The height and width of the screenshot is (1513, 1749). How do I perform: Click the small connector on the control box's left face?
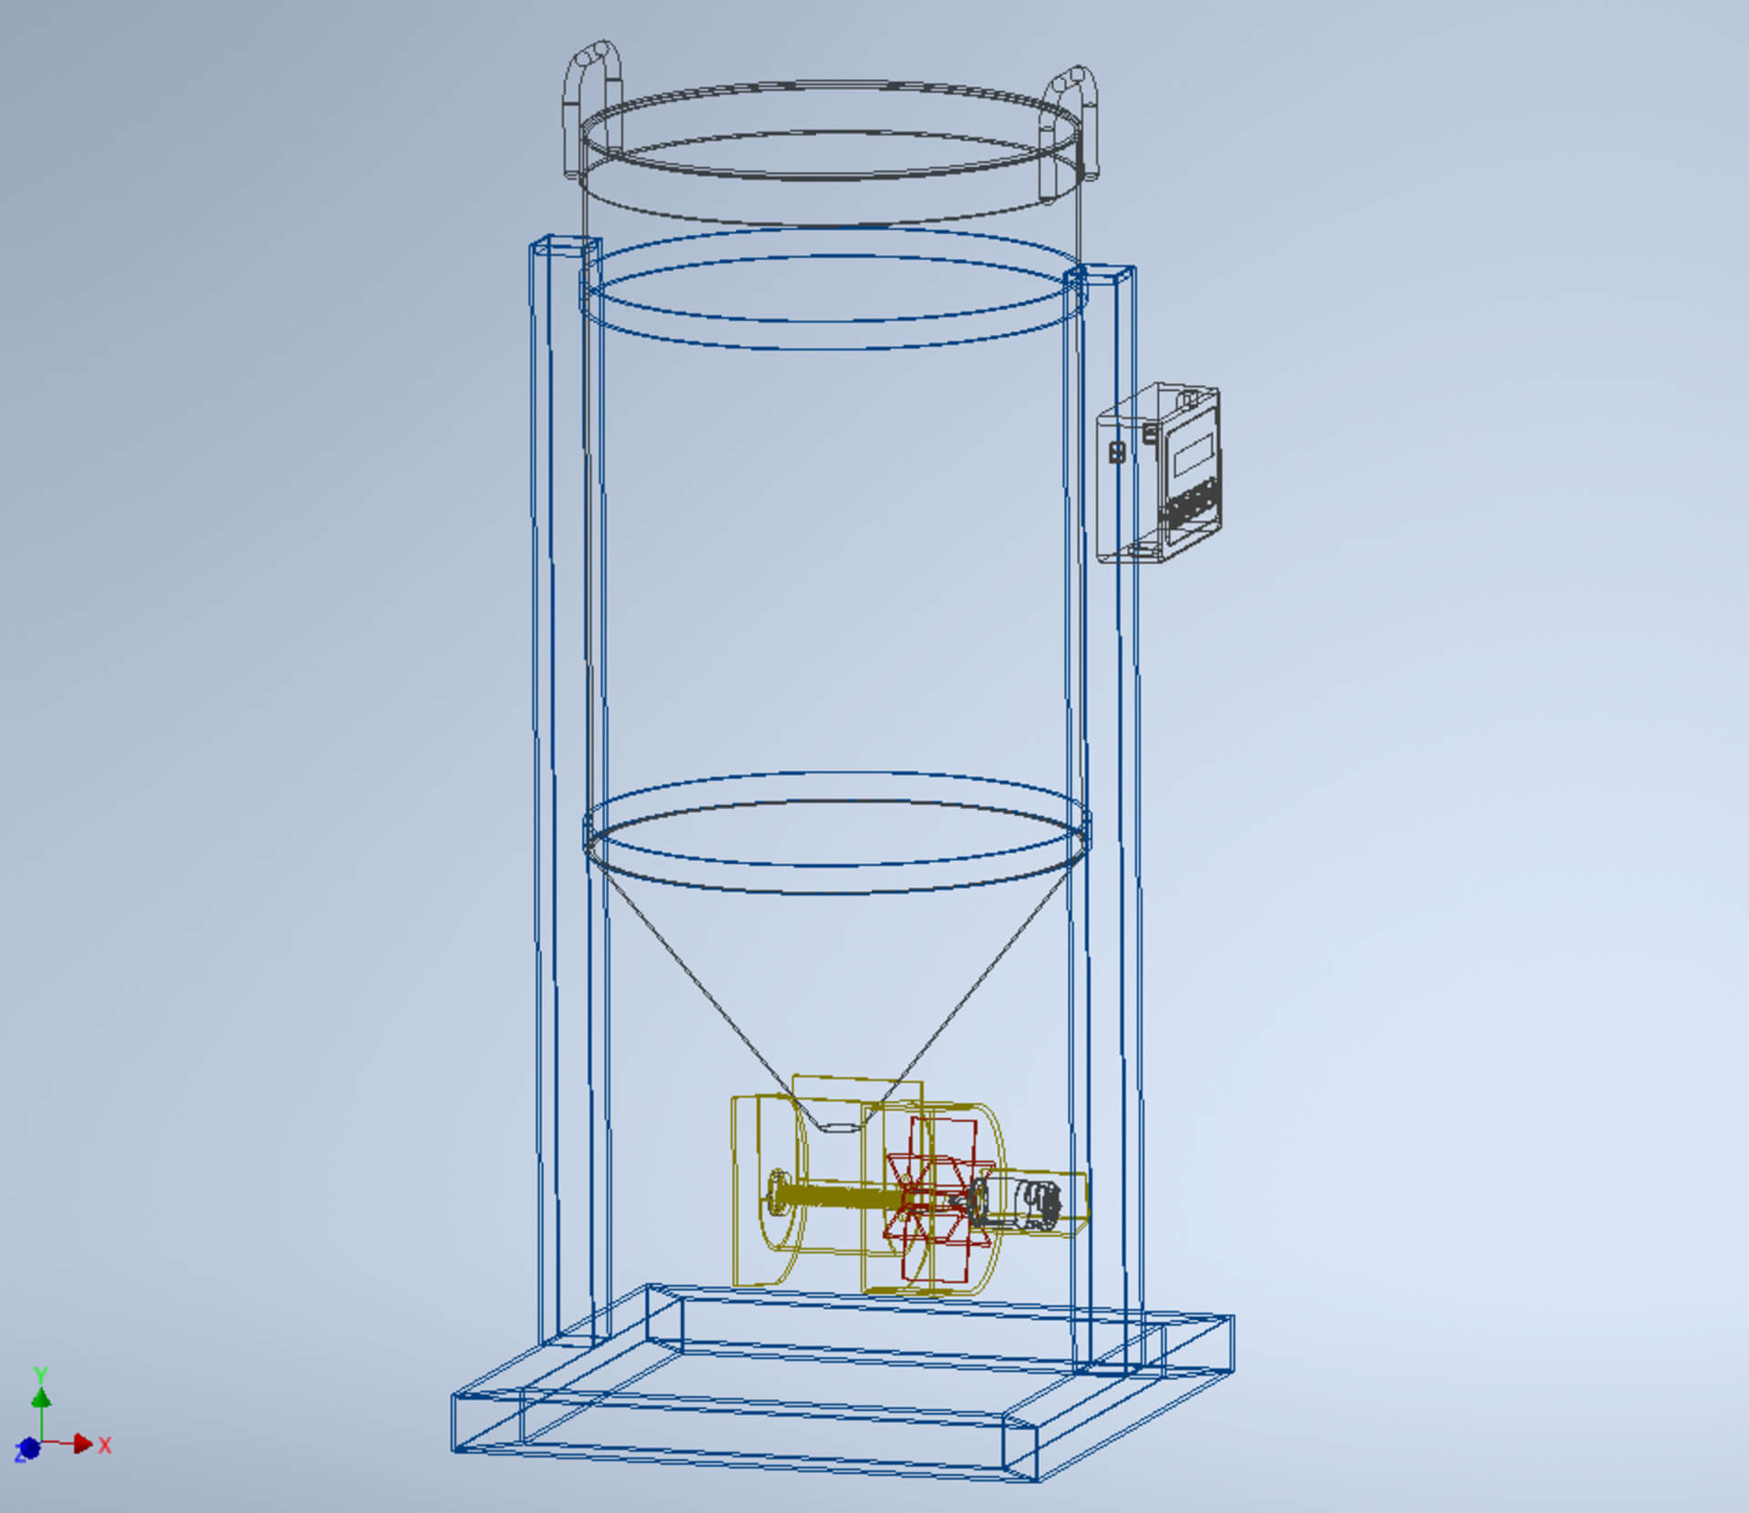tap(1117, 452)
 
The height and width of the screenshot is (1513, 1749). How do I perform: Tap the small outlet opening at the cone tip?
tap(838, 1127)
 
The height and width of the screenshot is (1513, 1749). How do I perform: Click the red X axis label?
tap(105, 1445)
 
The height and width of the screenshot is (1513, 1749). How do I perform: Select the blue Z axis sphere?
tap(29, 1447)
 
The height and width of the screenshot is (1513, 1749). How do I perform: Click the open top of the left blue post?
tap(566, 246)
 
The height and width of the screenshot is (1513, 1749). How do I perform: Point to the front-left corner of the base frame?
tap(455, 1447)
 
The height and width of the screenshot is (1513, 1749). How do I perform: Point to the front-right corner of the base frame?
tap(1037, 1477)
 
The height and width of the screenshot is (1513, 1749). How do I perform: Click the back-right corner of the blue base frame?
tap(1232, 1318)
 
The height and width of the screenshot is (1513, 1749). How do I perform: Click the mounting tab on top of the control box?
tap(1188, 397)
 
